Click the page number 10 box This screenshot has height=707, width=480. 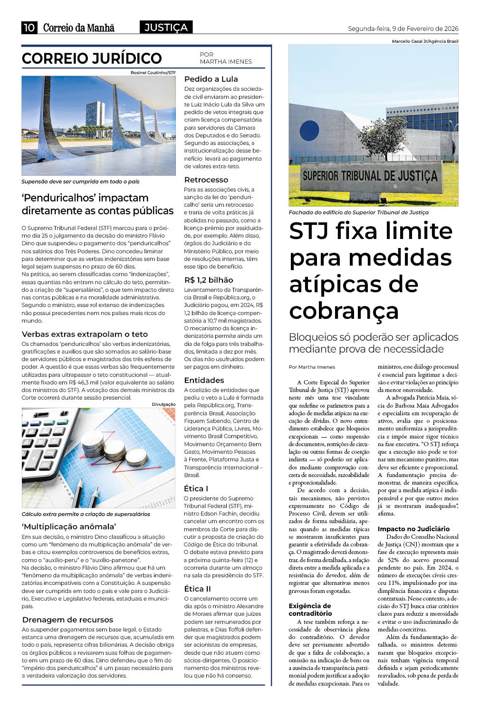(29, 28)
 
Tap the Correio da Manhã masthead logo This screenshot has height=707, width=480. (79, 28)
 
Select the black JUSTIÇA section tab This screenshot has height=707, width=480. (166, 28)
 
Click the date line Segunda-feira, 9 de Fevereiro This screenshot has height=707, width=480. (403, 29)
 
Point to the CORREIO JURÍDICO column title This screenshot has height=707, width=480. (92, 58)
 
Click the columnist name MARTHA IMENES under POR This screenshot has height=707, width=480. (226, 62)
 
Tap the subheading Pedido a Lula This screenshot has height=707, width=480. (211, 79)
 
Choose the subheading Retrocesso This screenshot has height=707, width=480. (206, 180)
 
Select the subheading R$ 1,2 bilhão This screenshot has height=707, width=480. (209, 280)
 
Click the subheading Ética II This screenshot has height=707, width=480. (197, 589)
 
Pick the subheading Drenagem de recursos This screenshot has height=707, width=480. (67, 620)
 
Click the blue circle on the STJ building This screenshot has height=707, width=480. (309, 131)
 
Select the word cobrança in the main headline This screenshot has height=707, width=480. (344, 311)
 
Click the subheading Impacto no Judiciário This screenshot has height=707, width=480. (413, 529)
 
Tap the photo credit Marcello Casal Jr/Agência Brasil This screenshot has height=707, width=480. (425, 41)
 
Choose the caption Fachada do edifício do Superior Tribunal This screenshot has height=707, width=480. (358, 212)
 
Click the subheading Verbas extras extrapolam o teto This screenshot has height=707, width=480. (85, 334)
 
